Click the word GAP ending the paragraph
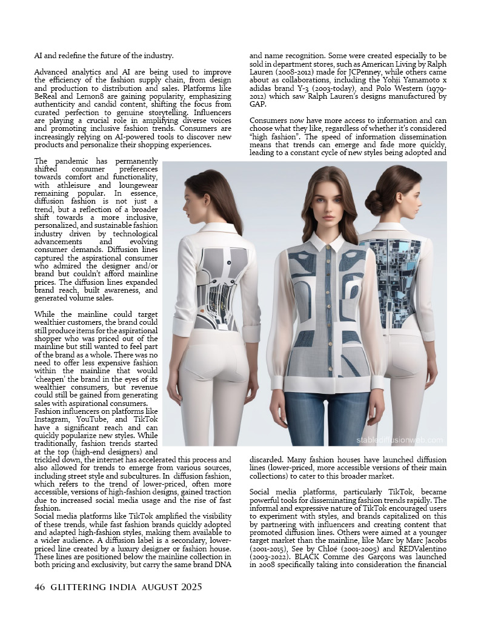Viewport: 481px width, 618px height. [257, 104]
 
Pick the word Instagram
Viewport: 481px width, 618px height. [52, 419]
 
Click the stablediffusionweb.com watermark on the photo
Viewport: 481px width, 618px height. [399, 440]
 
